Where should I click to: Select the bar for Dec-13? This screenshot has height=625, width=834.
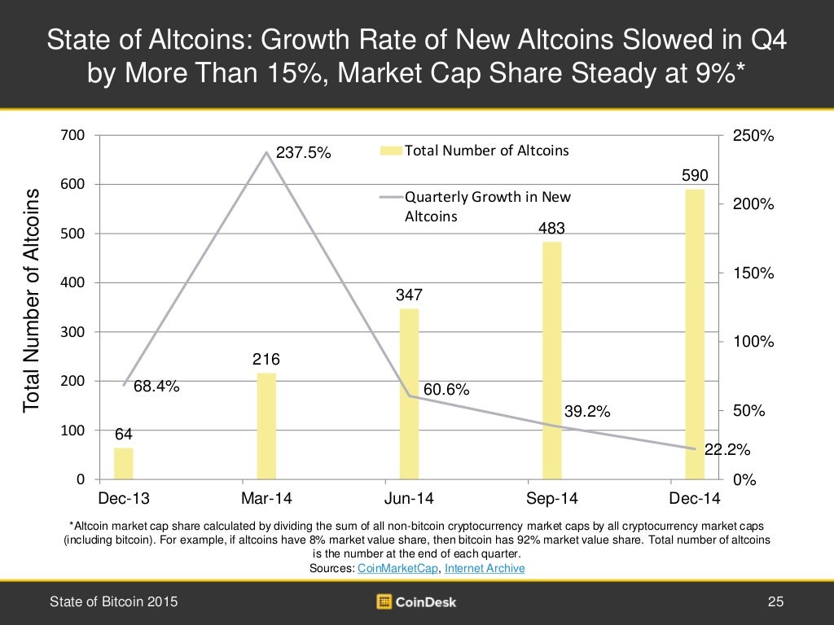(x=123, y=464)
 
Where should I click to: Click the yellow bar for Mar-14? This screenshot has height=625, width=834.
(x=266, y=426)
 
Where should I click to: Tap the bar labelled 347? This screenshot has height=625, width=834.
(x=409, y=394)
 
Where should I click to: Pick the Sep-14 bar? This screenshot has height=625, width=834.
(x=552, y=361)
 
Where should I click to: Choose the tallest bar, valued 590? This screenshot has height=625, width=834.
(x=695, y=334)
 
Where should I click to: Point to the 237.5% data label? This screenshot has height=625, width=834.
(x=303, y=152)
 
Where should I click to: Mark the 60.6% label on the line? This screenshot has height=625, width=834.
(x=446, y=390)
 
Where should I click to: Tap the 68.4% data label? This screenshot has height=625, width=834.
(x=156, y=387)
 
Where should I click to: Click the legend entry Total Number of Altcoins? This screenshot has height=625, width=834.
(x=486, y=151)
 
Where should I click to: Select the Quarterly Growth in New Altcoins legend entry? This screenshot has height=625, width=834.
(x=487, y=207)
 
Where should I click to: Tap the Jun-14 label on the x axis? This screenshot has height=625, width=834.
(x=409, y=498)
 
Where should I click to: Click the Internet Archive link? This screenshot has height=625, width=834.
(x=484, y=568)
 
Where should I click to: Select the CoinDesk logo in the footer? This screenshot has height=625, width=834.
(x=416, y=602)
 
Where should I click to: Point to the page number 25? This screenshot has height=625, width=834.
(x=775, y=602)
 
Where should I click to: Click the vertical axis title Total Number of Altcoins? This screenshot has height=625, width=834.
(x=31, y=299)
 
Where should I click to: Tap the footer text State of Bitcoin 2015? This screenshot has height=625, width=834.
(x=113, y=602)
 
